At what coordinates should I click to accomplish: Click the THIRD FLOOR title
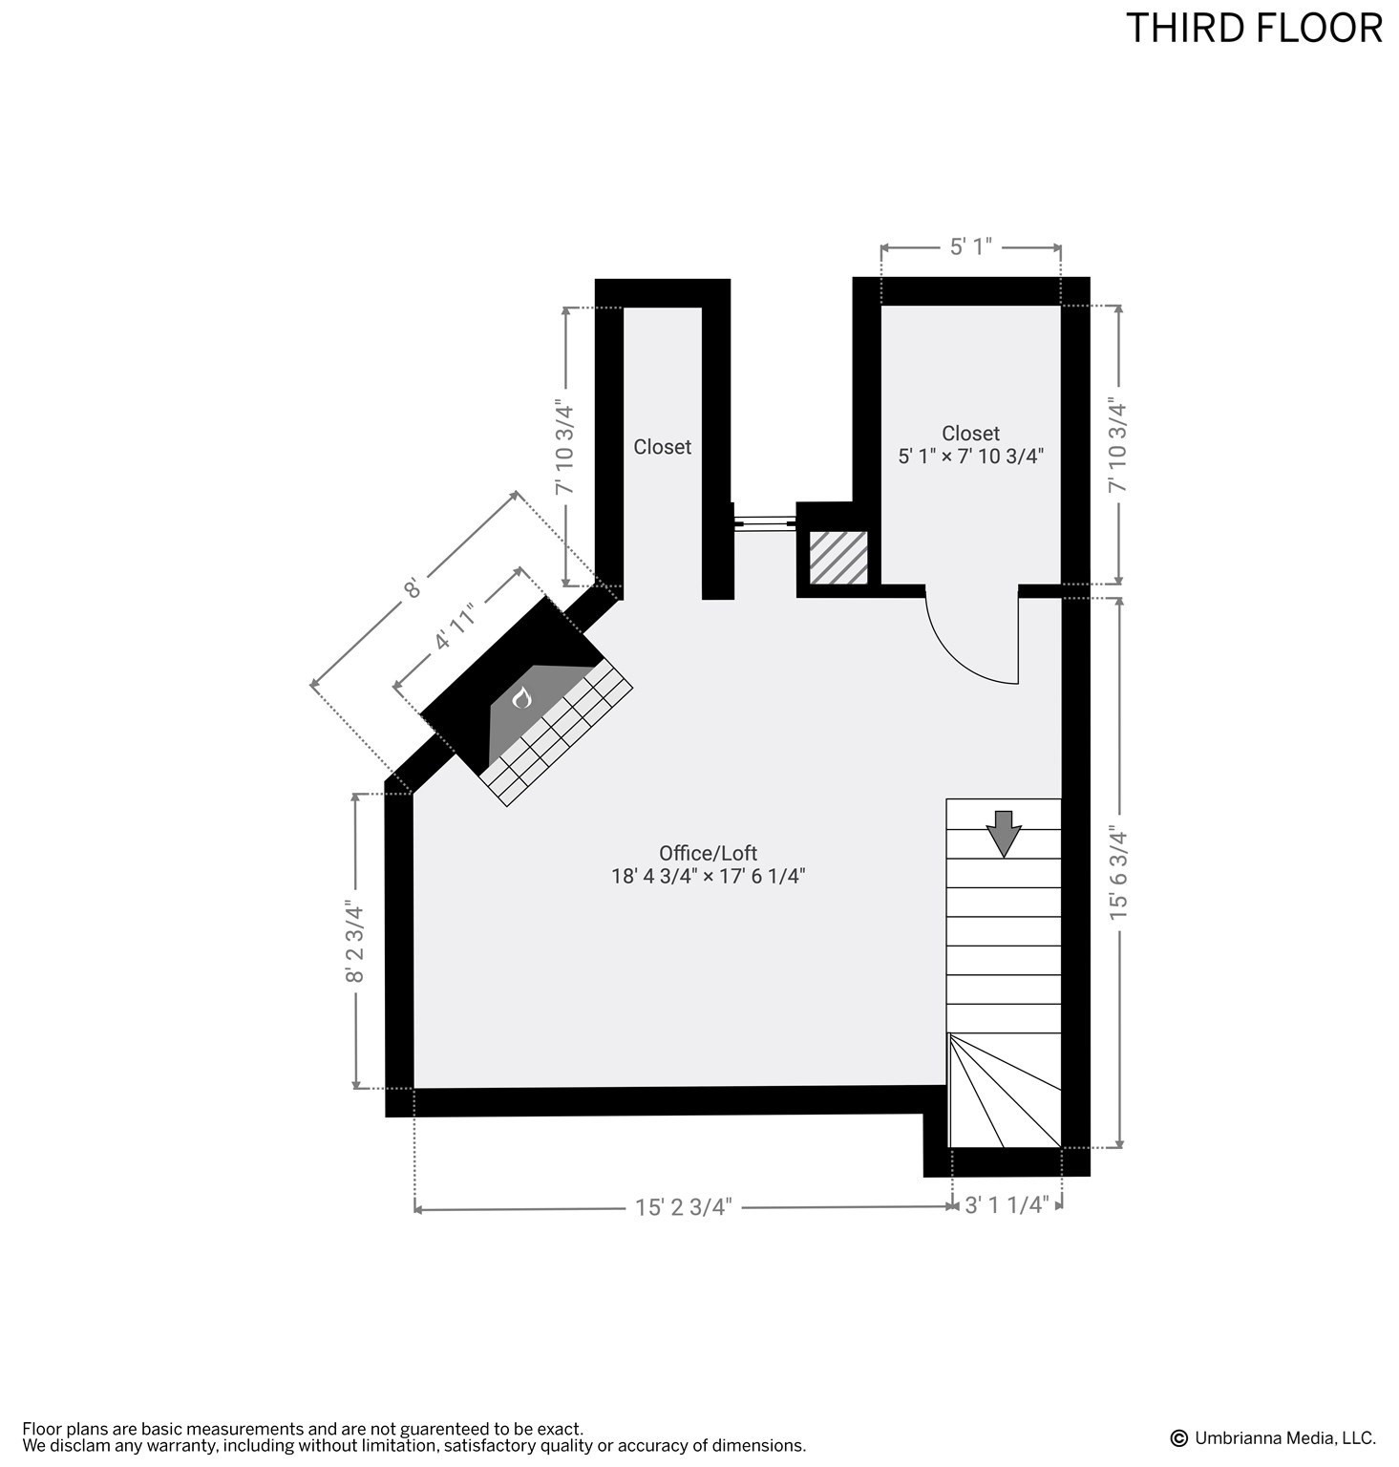(1253, 29)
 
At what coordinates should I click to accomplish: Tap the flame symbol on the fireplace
(521, 699)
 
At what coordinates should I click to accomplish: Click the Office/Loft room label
(708, 853)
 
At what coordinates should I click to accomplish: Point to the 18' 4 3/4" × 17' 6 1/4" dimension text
(708, 876)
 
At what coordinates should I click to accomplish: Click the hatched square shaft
(838, 558)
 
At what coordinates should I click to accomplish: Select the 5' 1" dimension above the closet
(970, 247)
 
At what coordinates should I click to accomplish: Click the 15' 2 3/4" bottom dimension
(683, 1207)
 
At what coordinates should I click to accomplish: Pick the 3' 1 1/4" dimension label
(1007, 1205)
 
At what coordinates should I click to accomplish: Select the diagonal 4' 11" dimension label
(455, 629)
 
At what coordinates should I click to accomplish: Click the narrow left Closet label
(662, 447)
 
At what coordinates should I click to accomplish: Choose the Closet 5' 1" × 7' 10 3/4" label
(970, 445)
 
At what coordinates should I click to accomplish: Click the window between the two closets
(764, 521)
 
